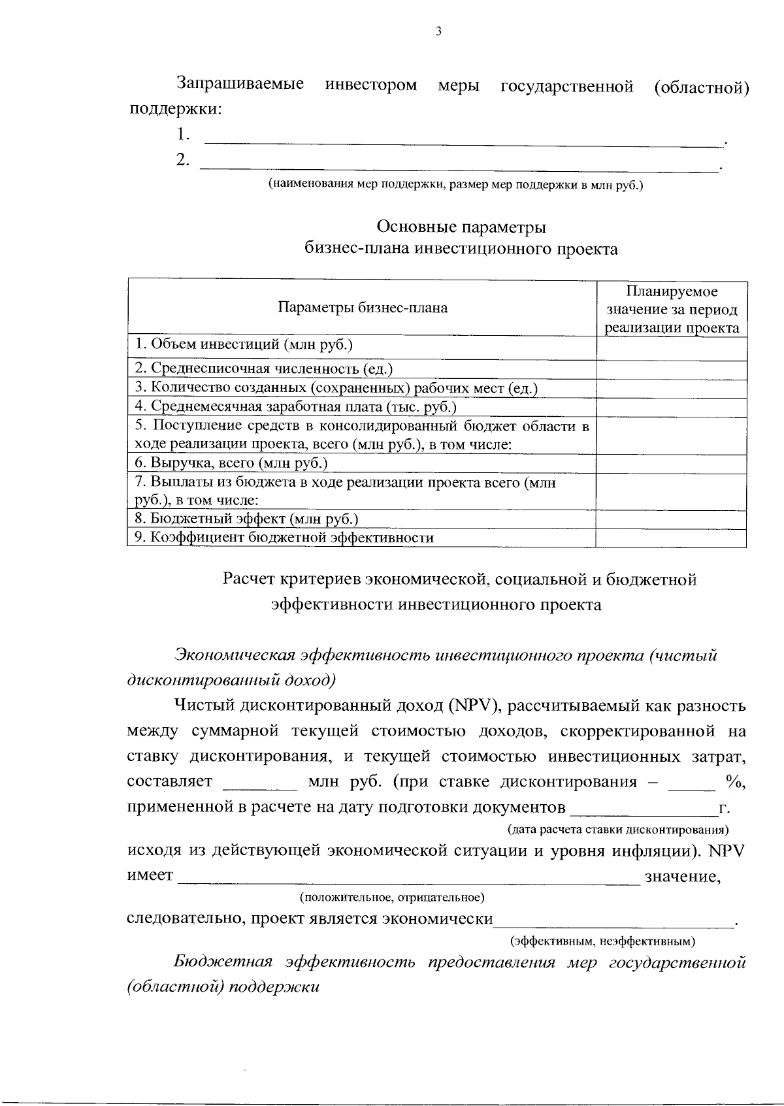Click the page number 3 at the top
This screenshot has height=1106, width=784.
[438, 31]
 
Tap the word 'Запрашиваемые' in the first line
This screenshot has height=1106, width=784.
[240, 85]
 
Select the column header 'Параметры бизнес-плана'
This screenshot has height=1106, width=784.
[362, 308]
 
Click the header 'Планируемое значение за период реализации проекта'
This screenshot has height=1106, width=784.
[672, 309]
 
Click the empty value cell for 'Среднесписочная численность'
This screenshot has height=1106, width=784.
[672, 369]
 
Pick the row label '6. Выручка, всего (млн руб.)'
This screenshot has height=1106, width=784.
[231, 463]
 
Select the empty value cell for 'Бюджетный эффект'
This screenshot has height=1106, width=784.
[672, 519]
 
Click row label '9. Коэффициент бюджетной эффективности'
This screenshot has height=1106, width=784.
[284, 538]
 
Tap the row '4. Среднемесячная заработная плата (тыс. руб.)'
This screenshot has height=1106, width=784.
[295, 406]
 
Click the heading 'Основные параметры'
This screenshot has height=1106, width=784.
[461, 227]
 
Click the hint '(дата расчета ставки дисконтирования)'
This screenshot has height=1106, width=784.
[618, 830]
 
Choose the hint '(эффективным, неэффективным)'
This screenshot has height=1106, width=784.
[602, 941]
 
